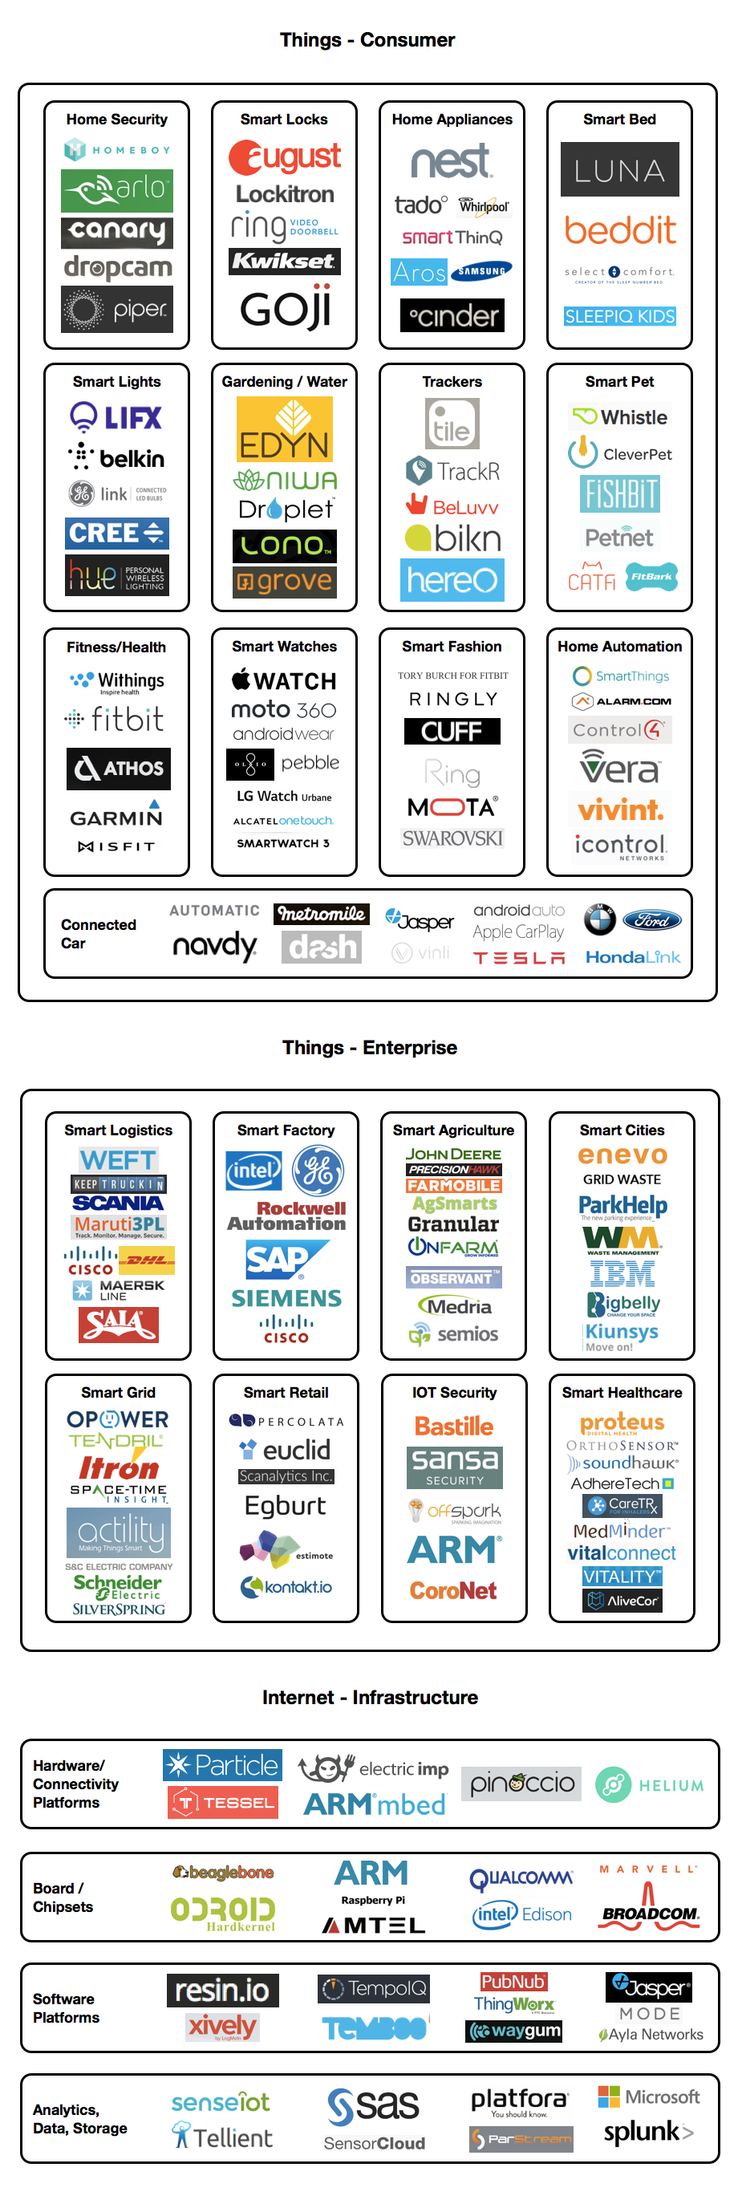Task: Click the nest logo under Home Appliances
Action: point(451,160)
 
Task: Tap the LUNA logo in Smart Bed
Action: point(619,169)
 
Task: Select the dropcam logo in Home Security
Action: point(117,268)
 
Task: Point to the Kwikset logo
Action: point(284,261)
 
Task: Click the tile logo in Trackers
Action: point(452,424)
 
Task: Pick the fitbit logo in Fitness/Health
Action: point(117,719)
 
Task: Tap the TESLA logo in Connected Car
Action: point(518,957)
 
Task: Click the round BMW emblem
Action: point(599,919)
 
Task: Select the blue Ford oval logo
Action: point(651,920)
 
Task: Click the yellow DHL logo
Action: point(146,1259)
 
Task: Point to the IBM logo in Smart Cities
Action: point(622,1275)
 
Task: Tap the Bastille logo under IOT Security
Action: point(453,1427)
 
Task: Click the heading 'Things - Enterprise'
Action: point(370,1047)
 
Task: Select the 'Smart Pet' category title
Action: point(619,382)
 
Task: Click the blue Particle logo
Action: point(222,1765)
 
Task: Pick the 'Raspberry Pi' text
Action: point(373,1900)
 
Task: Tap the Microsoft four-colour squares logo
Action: point(608,2096)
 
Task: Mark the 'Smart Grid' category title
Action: point(118,1392)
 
